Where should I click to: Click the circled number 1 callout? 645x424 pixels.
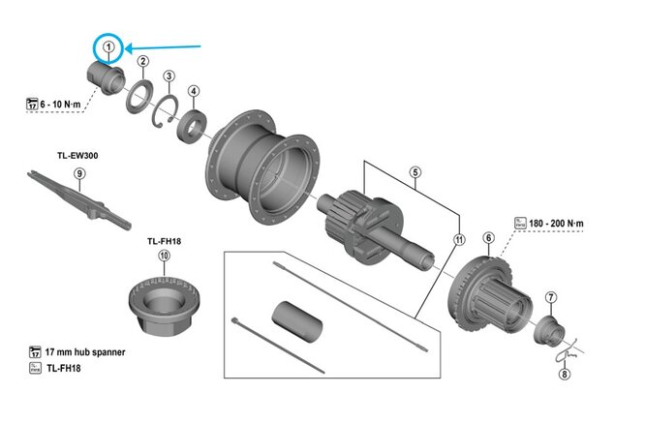click(x=109, y=46)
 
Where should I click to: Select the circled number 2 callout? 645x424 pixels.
click(x=142, y=62)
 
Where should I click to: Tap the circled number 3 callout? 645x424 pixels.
click(x=169, y=76)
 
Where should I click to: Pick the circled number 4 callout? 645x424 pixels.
click(x=194, y=92)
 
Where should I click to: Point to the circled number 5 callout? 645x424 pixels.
click(x=415, y=174)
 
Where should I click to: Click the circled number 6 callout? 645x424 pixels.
click(x=488, y=237)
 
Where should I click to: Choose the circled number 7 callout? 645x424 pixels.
click(x=551, y=297)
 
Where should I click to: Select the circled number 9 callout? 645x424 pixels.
click(x=80, y=173)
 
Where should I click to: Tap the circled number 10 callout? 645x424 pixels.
click(x=164, y=257)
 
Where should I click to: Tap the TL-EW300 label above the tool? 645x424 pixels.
click(x=78, y=153)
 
